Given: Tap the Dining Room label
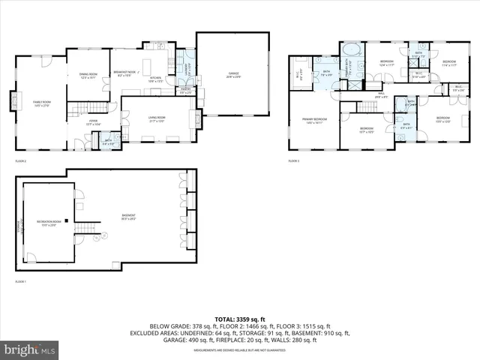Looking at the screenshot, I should (x=88, y=76).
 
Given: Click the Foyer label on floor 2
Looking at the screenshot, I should (x=94, y=122).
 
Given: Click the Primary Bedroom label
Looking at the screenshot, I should (x=314, y=121).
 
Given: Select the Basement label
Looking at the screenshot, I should (x=129, y=217).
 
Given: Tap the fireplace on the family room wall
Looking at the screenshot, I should (x=13, y=100).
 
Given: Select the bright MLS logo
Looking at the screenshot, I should (x=30, y=349).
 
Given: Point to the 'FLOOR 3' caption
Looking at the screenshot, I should (x=293, y=160).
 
